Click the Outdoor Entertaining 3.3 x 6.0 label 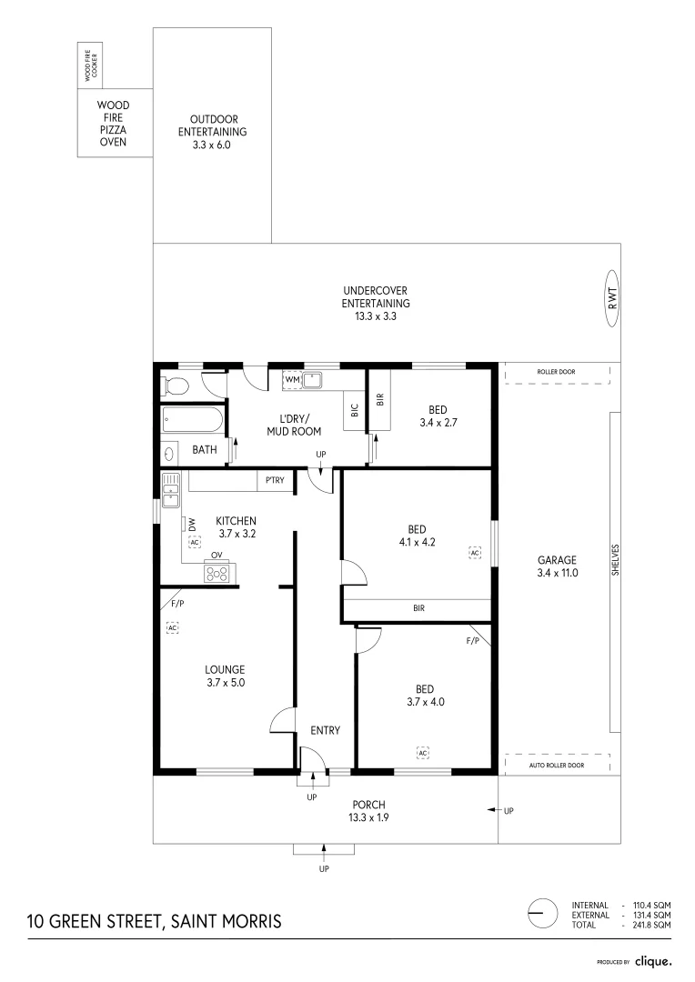(212, 131)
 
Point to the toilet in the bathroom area (175, 386)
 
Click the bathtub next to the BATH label (192, 421)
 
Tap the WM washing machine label (293, 378)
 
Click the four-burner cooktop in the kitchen (217, 573)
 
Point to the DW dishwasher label (193, 524)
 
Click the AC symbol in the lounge (171, 627)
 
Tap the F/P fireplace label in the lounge (176, 604)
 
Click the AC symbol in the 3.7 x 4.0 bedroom (423, 753)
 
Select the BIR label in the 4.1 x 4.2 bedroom (418, 608)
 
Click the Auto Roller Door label (557, 766)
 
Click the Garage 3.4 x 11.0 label (558, 566)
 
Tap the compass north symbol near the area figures (542, 912)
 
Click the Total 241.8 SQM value (653, 925)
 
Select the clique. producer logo (652, 960)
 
